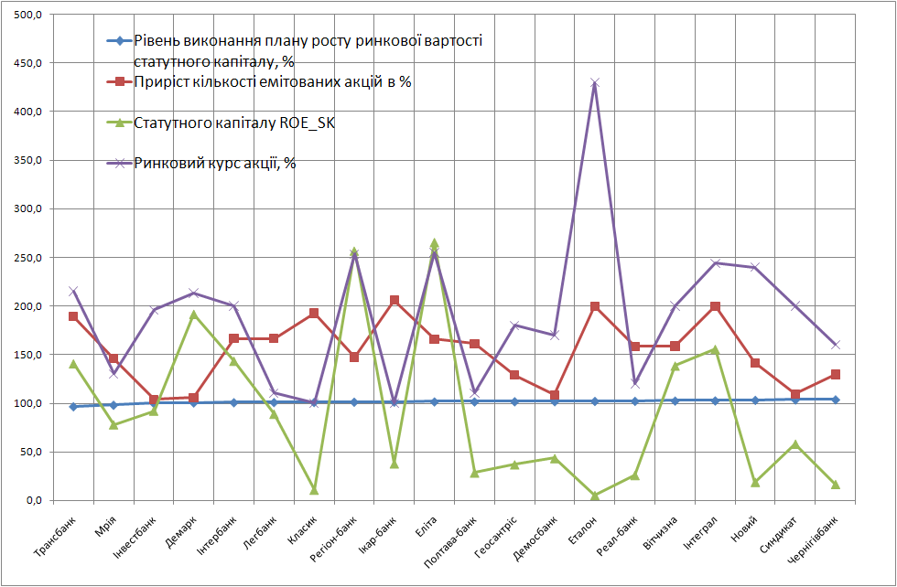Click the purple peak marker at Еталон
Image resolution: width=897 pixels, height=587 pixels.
[595, 83]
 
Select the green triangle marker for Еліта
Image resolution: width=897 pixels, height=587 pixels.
[434, 244]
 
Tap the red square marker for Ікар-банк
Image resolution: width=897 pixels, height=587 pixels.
[394, 301]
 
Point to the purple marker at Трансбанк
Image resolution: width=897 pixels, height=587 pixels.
[73, 292]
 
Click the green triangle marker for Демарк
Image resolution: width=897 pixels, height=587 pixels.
[194, 315]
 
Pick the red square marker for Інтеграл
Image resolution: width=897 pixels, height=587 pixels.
[715, 306]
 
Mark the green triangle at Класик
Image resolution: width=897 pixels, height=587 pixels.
[314, 490]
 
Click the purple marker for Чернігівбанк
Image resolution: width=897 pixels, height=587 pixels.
[835, 345]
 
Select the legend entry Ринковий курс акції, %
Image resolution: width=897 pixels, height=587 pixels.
[215, 165]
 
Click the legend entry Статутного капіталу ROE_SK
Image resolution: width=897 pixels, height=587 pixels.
[234, 122]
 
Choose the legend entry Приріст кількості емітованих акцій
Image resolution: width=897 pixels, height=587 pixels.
[272, 82]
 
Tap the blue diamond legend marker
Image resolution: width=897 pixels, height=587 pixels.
[115, 41]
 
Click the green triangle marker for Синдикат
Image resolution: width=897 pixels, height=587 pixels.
[795, 444]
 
